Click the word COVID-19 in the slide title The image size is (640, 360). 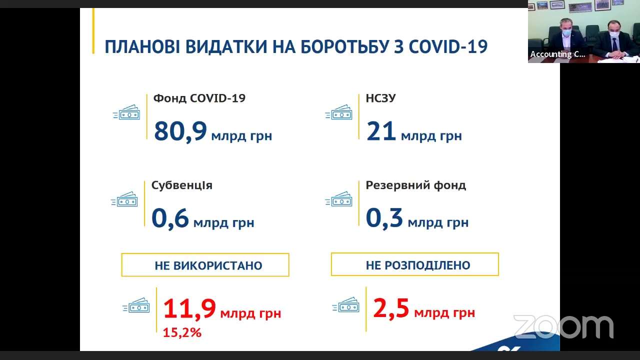pyautogui.click(x=448, y=46)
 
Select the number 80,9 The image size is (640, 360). pyautogui.click(x=180, y=131)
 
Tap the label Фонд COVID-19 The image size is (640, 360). pyautogui.click(x=199, y=98)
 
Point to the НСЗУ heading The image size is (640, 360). pyautogui.click(x=380, y=98)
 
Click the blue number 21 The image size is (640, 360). pyautogui.click(x=381, y=131)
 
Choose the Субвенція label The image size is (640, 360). pyautogui.click(x=182, y=185)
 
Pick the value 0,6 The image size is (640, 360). pyautogui.click(x=170, y=218)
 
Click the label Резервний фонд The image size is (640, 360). pyautogui.click(x=416, y=185)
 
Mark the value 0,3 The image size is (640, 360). pyautogui.click(x=384, y=218)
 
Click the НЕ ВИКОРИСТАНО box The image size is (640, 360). pyautogui.click(x=205, y=265)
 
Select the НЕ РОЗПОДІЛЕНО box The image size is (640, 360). pyautogui.click(x=415, y=264)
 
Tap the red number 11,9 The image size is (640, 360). pyautogui.click(x=189, y=308)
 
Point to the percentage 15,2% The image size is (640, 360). pyautogui.click(x=182, y=332)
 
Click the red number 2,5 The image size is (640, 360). pyautogui.click(x=391, y=308)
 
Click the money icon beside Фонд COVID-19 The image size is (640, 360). pyautogui.click(x=126, y=112)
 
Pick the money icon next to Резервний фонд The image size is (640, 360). pyautogui.click(x=338, y=198)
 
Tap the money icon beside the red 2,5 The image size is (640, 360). pyautogui.click(x=345, y=304)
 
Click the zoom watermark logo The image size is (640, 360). pyautogui.click(x=563, y=326)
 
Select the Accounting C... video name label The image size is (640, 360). pyautogui.click(x=557, y=54)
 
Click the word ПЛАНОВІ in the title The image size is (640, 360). pyautogui.click(x=142, y=46)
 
